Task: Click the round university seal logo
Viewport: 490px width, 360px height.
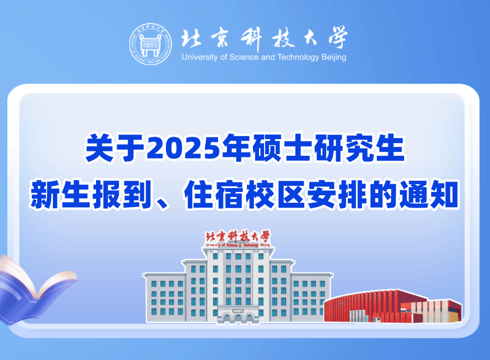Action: (150, 44)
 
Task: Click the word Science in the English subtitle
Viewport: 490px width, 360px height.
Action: (244, 57)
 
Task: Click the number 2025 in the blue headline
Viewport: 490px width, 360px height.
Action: (184, 147)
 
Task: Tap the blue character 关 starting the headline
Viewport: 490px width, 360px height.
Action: (99, 148)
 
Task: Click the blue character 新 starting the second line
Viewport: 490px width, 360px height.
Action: (45, 194)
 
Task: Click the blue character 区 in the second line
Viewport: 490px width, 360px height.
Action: (291, 194)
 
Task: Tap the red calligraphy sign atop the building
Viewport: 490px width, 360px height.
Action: (238, 239)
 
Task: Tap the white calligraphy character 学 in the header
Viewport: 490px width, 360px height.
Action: (337, 38)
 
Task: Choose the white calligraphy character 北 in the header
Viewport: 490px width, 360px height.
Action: (191, 38)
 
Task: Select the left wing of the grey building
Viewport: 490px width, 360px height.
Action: (165, 297)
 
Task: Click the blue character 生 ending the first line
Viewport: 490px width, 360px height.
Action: (390, 148)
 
